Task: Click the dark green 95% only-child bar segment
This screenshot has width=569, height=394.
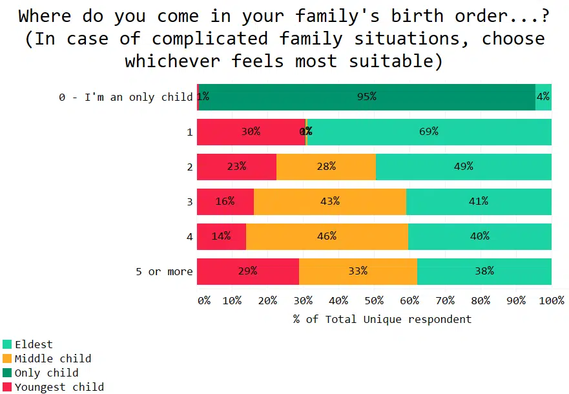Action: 367,97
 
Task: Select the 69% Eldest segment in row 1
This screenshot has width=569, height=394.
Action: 429,132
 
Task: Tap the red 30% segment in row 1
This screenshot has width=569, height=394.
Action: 251,132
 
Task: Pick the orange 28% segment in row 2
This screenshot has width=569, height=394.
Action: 326,167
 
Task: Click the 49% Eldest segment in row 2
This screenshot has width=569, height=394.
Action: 463,167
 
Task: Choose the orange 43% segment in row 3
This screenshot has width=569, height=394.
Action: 329,202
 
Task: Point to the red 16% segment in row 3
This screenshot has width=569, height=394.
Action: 225,202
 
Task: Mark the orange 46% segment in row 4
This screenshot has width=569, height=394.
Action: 327,236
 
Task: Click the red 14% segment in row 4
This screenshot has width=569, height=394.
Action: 221,236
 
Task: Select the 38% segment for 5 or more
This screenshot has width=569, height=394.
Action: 484,271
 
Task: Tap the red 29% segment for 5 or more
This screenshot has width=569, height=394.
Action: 247,271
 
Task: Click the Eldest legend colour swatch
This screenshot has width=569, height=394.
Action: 7,345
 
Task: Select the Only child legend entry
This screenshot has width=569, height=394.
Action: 47,373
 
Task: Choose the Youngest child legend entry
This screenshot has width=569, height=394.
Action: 59,387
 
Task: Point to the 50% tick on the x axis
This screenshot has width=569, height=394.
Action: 375,301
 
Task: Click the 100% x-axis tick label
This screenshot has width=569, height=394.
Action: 551,301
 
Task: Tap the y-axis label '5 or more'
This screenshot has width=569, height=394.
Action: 164,271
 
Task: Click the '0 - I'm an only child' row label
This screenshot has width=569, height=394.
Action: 126,97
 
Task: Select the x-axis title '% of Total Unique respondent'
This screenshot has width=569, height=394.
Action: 382,319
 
